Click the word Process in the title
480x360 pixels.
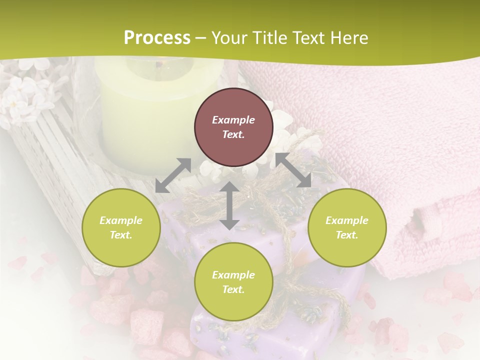coord(157,38)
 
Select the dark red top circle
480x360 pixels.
coord(233,127)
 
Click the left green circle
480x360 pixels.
coord(121,227)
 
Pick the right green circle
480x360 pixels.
coord(347,227)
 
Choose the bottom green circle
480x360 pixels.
coord(233,282)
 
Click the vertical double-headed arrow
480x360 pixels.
coord(229,205)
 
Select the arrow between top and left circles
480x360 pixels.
coord(173,175)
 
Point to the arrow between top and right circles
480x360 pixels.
coord(293,170)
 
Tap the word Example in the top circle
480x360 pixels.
coord(233,120)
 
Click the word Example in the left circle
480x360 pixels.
coord(121,220)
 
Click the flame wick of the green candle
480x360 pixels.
coord(159,63)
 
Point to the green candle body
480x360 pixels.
coord(145,115)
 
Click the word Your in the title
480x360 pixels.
coord(228,38)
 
